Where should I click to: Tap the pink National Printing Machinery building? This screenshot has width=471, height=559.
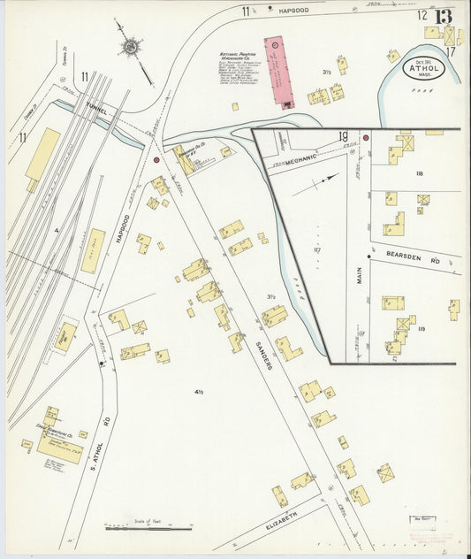click(275, 72)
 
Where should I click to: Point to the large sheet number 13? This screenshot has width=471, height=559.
click(444, 17)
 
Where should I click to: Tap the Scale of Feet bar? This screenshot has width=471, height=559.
click(148, 529)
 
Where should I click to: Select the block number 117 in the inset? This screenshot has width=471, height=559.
click(316, 249)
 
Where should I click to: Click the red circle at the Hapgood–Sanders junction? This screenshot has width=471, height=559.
click(156, 161)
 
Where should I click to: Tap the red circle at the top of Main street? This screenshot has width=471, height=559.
click(366, 137)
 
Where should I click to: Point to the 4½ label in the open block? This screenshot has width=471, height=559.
click(199, 390)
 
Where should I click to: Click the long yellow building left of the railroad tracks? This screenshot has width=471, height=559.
click(42, 157)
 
